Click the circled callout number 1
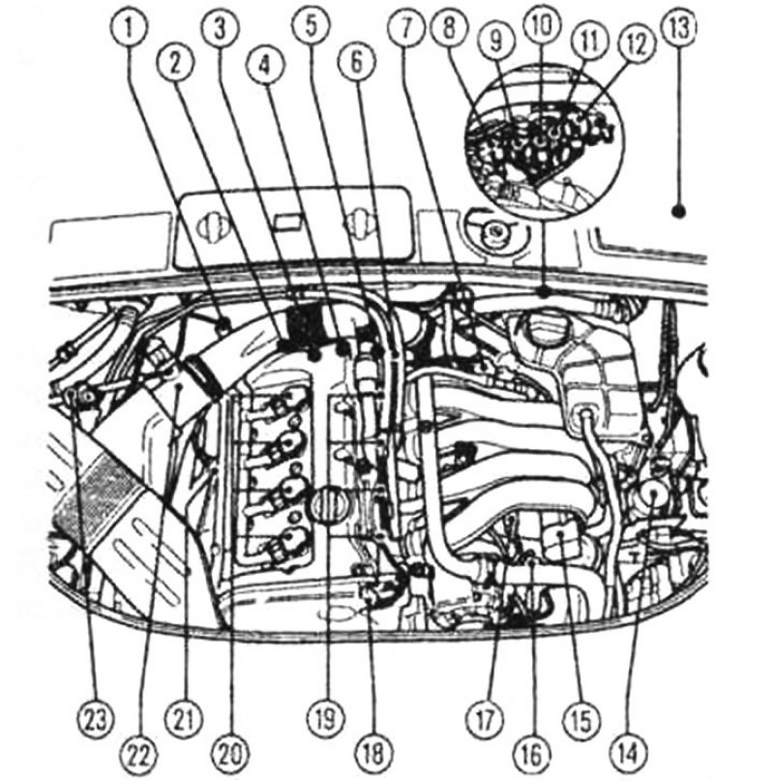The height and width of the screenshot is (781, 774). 130,28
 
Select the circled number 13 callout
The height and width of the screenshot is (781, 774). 680,28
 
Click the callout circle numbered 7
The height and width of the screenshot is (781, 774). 407,28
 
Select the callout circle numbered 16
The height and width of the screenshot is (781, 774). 531,754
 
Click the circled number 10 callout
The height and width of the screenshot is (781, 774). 542,24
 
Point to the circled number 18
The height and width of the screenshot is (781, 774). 374,754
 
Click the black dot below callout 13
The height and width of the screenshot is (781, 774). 679,212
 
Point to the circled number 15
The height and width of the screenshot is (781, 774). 581,720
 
